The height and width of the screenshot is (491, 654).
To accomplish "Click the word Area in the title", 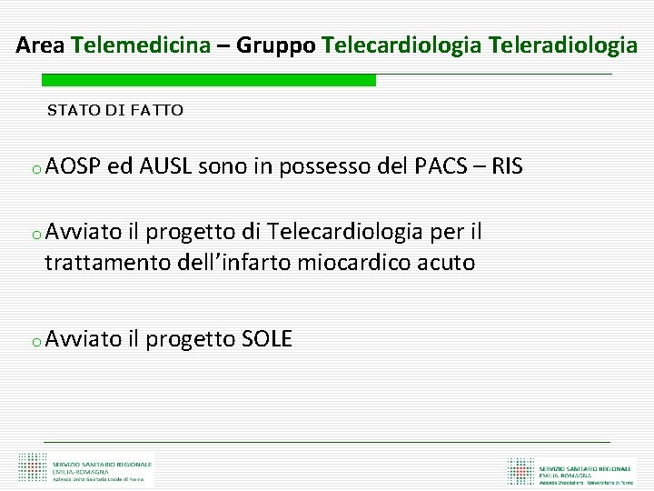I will tap(40, 45).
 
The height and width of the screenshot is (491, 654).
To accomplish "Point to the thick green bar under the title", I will tap(209, 80).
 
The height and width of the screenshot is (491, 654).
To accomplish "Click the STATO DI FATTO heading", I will tap(115, 111).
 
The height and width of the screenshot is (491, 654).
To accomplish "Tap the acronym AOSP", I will tap(72, 167).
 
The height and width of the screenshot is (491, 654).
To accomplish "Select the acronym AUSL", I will tap(163, 167).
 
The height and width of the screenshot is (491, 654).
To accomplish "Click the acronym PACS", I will tap(441, 167).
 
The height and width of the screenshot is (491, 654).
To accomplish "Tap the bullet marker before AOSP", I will tap(34, 170).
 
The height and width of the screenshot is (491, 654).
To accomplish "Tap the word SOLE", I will tap(267, 340).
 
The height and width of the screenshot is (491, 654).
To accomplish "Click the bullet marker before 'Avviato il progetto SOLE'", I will tap(34, 343).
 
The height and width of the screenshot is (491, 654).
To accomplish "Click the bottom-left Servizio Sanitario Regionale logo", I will tap(87, 468).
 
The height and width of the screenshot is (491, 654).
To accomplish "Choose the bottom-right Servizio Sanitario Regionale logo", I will tap(572, 470).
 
